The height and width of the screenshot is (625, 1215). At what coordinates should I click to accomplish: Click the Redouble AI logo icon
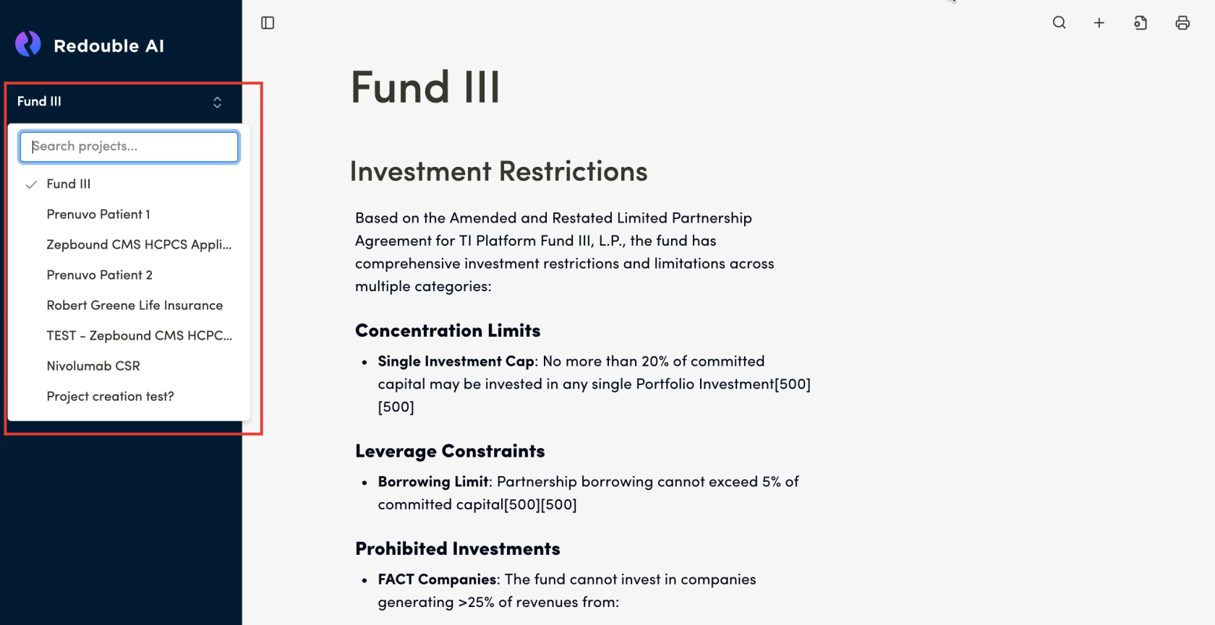[28, 44]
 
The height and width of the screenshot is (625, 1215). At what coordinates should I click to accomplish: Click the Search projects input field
[129, 147]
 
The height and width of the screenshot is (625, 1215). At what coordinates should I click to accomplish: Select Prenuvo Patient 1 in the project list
[98, 215]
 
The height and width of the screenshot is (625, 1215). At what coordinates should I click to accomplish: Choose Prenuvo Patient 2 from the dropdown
[100, 275]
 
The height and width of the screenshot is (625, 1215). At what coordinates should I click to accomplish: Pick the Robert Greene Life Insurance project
[135, 306]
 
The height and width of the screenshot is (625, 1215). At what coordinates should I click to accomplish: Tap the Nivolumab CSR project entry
[93, 366]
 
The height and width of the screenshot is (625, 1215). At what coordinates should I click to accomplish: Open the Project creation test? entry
[110, 397]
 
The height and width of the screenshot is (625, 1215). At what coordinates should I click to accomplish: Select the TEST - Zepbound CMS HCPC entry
[139, 336]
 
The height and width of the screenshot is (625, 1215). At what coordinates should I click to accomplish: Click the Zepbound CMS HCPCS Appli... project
[139, 245]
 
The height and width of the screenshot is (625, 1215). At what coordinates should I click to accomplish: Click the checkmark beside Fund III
[31, 184]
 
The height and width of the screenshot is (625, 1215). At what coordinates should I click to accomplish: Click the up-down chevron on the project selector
[217, 102]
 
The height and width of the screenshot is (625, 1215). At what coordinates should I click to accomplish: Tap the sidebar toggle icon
[268, 23]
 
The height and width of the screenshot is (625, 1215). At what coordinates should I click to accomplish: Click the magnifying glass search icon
[1059, 23]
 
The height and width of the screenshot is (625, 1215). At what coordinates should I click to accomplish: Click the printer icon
[1182, 23]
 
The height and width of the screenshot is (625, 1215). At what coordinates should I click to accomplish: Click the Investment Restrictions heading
[498, 172]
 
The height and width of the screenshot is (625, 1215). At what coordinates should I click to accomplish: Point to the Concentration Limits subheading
[448, 331]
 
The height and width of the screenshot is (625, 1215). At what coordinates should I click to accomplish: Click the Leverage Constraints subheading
[450, 452]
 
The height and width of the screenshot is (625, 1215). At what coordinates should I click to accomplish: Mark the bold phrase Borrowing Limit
[433, 482]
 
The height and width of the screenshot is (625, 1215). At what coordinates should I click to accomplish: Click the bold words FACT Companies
[437, 579]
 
